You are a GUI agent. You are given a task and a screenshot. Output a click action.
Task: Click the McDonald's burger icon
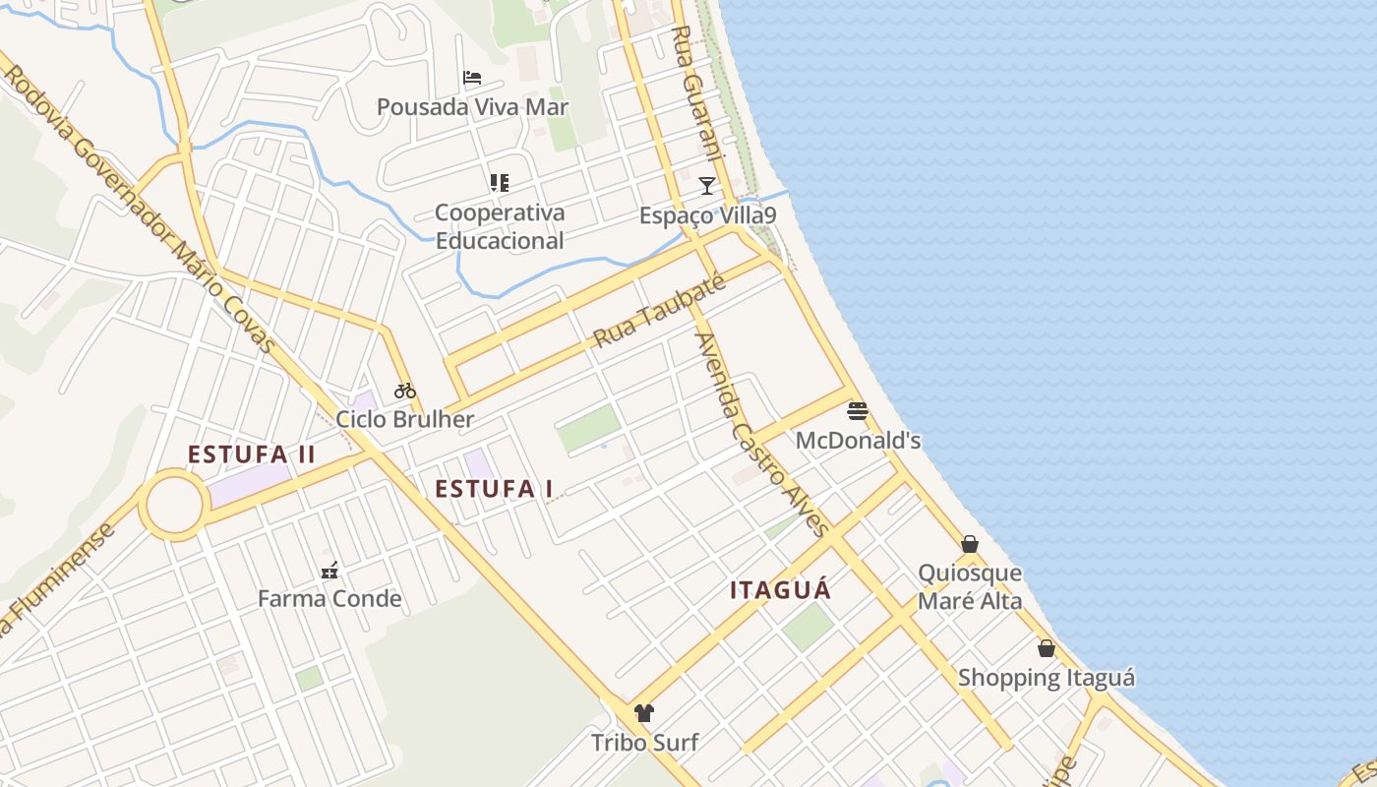click(858, 411)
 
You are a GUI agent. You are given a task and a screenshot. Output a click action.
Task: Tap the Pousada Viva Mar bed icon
click(472, 78)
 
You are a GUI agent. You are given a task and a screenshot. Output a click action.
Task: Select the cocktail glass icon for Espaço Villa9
click(706, 185)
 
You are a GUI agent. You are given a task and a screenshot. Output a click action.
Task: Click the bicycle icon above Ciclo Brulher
click(404, 391)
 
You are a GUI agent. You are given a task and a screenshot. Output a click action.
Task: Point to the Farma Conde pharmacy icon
click(329, 571)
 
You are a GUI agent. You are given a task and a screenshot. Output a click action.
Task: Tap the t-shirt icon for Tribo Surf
click(644, 713)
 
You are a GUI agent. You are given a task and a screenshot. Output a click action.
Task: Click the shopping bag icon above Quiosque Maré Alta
click(970, 544)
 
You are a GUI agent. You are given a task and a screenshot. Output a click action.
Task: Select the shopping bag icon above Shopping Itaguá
click(1047, 648)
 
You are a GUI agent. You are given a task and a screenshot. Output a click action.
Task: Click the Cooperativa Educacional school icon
click(500, 183)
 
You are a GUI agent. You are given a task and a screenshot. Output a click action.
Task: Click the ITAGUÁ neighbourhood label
click(781, 590)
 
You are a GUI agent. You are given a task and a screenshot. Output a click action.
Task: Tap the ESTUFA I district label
click(494, 489)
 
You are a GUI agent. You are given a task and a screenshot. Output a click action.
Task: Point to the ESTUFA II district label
click(252, 454)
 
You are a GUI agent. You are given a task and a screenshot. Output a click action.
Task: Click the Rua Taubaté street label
click(659, 312)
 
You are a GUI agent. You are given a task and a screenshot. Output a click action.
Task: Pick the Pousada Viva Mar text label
click(473, 107)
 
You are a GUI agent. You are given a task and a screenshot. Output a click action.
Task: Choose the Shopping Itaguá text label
click(1047, 678)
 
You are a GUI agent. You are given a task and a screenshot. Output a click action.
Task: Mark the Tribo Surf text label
click(644, 743)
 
